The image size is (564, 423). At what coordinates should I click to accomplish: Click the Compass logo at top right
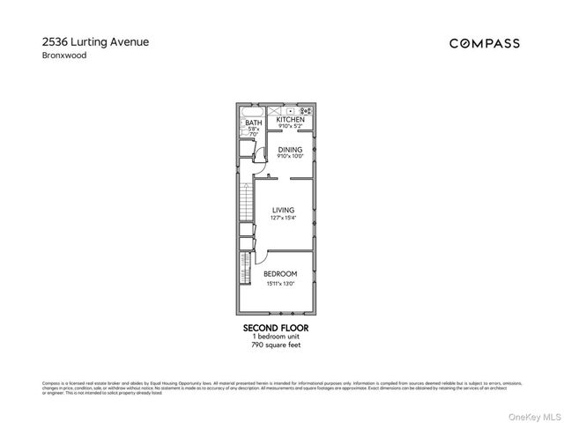coord(484,43)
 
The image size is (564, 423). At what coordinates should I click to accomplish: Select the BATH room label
coord(253,122)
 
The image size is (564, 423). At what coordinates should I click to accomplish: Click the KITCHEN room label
coord(290,119)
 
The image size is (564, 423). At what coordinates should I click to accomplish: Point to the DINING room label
coord(290,150)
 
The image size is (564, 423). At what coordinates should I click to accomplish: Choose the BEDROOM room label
coord(281,275)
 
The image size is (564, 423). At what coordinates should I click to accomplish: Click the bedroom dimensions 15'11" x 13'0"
coord(281,284)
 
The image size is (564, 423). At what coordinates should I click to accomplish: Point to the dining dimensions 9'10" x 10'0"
coord(290,157)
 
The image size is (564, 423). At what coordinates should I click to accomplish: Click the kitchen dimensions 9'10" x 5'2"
coord(290,125)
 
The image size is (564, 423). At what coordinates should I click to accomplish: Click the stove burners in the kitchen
coord(306,112)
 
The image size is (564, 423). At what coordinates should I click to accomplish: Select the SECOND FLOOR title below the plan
coord(276,328)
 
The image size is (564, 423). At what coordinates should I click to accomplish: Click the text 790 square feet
coord(276,345)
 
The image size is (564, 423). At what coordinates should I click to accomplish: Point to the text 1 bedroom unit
coord(276,337)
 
